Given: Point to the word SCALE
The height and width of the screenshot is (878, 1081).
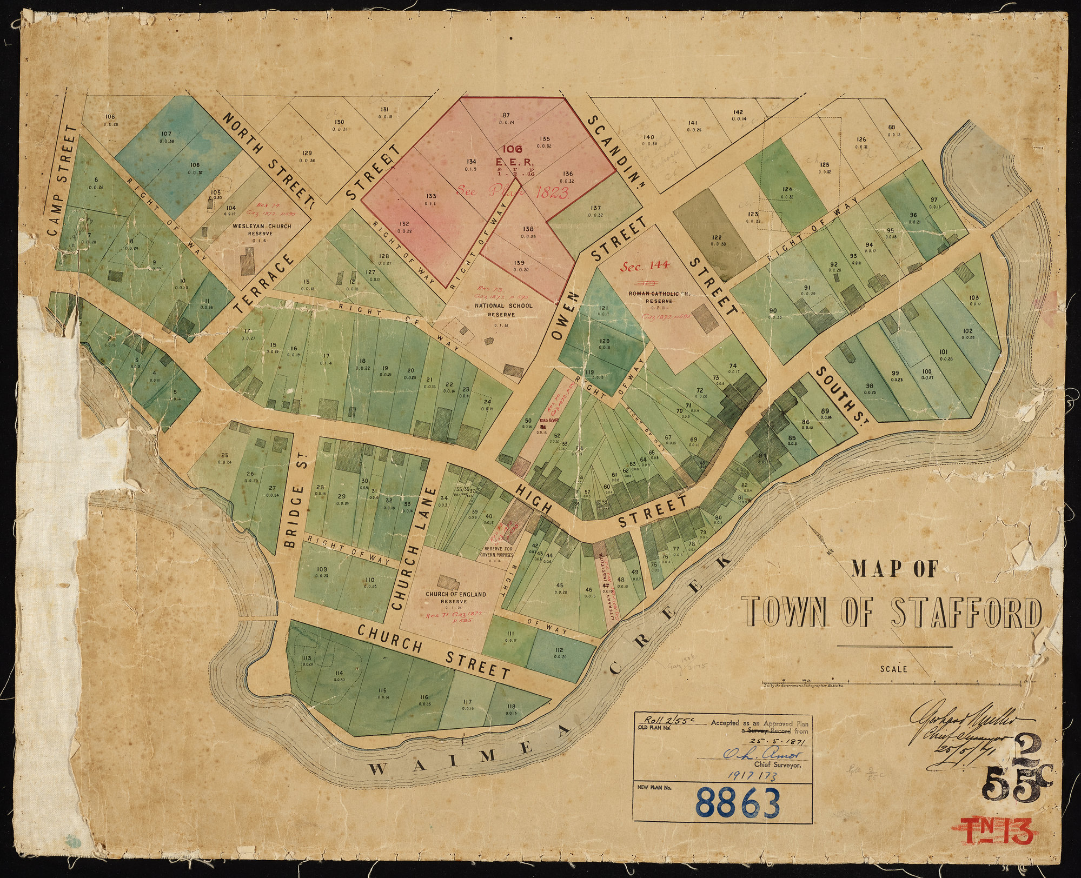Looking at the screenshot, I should point(893,669).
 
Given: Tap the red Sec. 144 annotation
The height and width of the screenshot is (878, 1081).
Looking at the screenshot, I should point(647,265).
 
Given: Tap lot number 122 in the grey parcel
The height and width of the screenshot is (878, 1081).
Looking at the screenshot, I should point(717,238).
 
